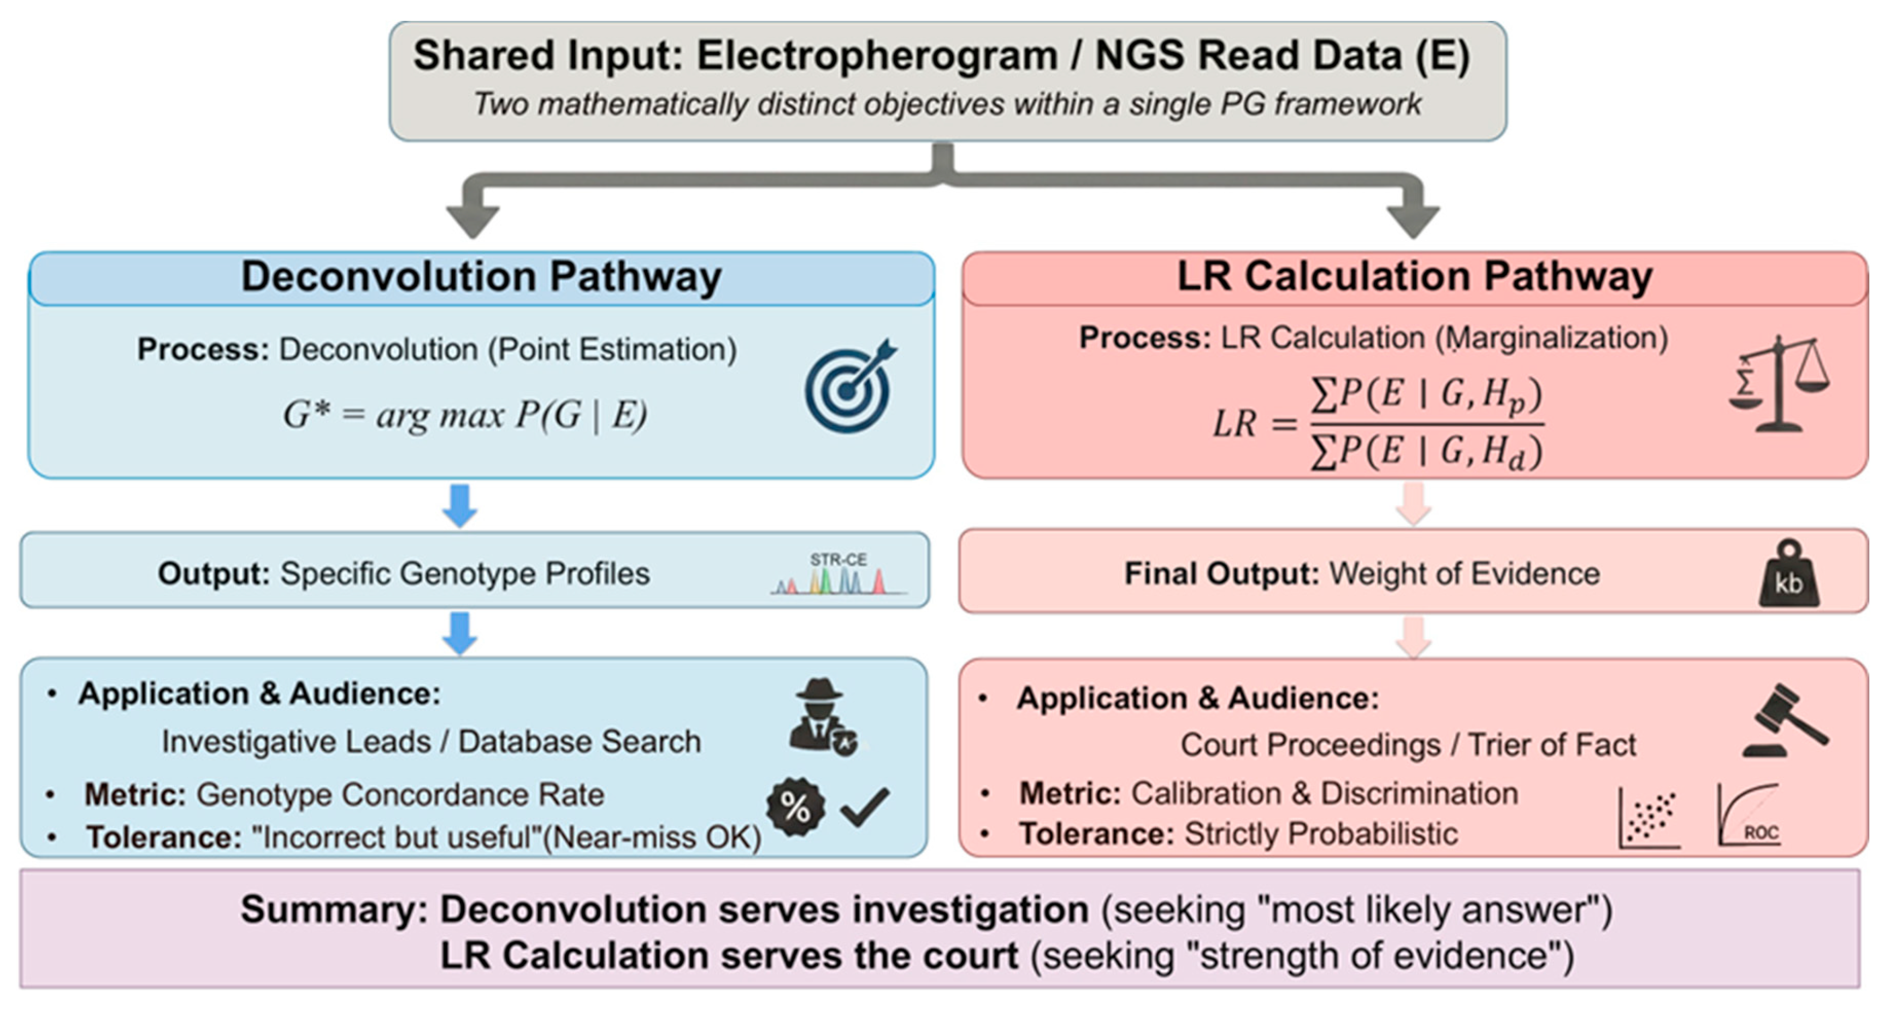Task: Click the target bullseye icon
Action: click(849, 387)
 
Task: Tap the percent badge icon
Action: click(795, 807)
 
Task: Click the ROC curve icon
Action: click(1749, 815)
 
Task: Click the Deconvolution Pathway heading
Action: click(481, 277)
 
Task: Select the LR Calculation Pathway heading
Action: click(1415, 277)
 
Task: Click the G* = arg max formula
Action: click(465, 415)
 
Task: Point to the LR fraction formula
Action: click(1378, 423)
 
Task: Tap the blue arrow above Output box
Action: click(460, 505)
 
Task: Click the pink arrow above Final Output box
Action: click(1414, 504)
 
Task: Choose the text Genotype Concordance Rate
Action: click(400, 794)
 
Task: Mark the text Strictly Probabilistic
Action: click(1321, 834)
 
